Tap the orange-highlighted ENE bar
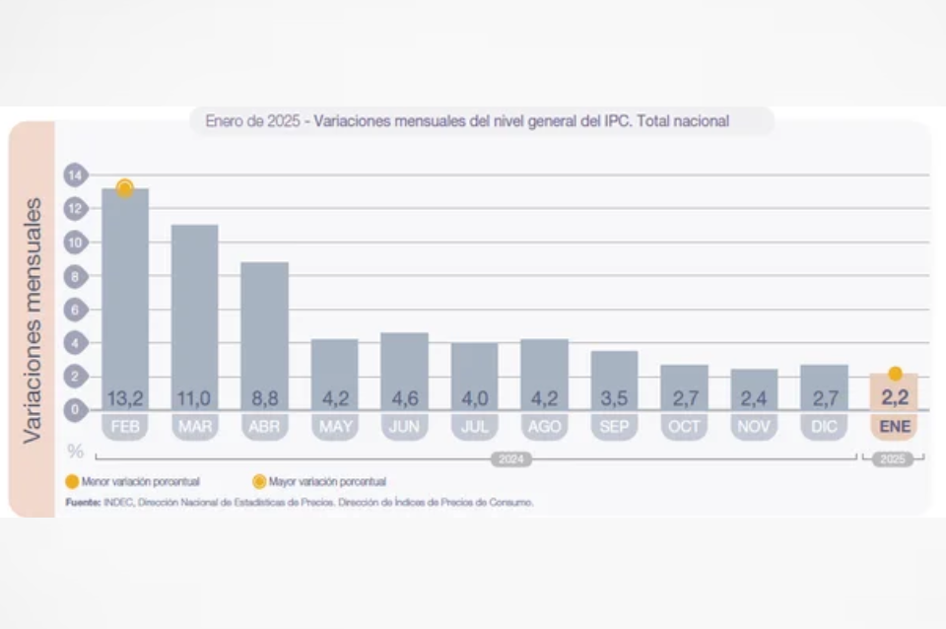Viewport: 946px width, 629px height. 894,391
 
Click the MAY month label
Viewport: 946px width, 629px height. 334,427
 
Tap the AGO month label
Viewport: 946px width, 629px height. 544,427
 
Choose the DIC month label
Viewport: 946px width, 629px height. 824,427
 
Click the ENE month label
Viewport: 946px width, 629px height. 894,427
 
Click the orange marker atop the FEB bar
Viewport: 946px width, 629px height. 125,187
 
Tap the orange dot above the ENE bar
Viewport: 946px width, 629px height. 895,374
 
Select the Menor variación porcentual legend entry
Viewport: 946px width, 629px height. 133,482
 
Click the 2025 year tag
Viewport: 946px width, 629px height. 893,459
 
